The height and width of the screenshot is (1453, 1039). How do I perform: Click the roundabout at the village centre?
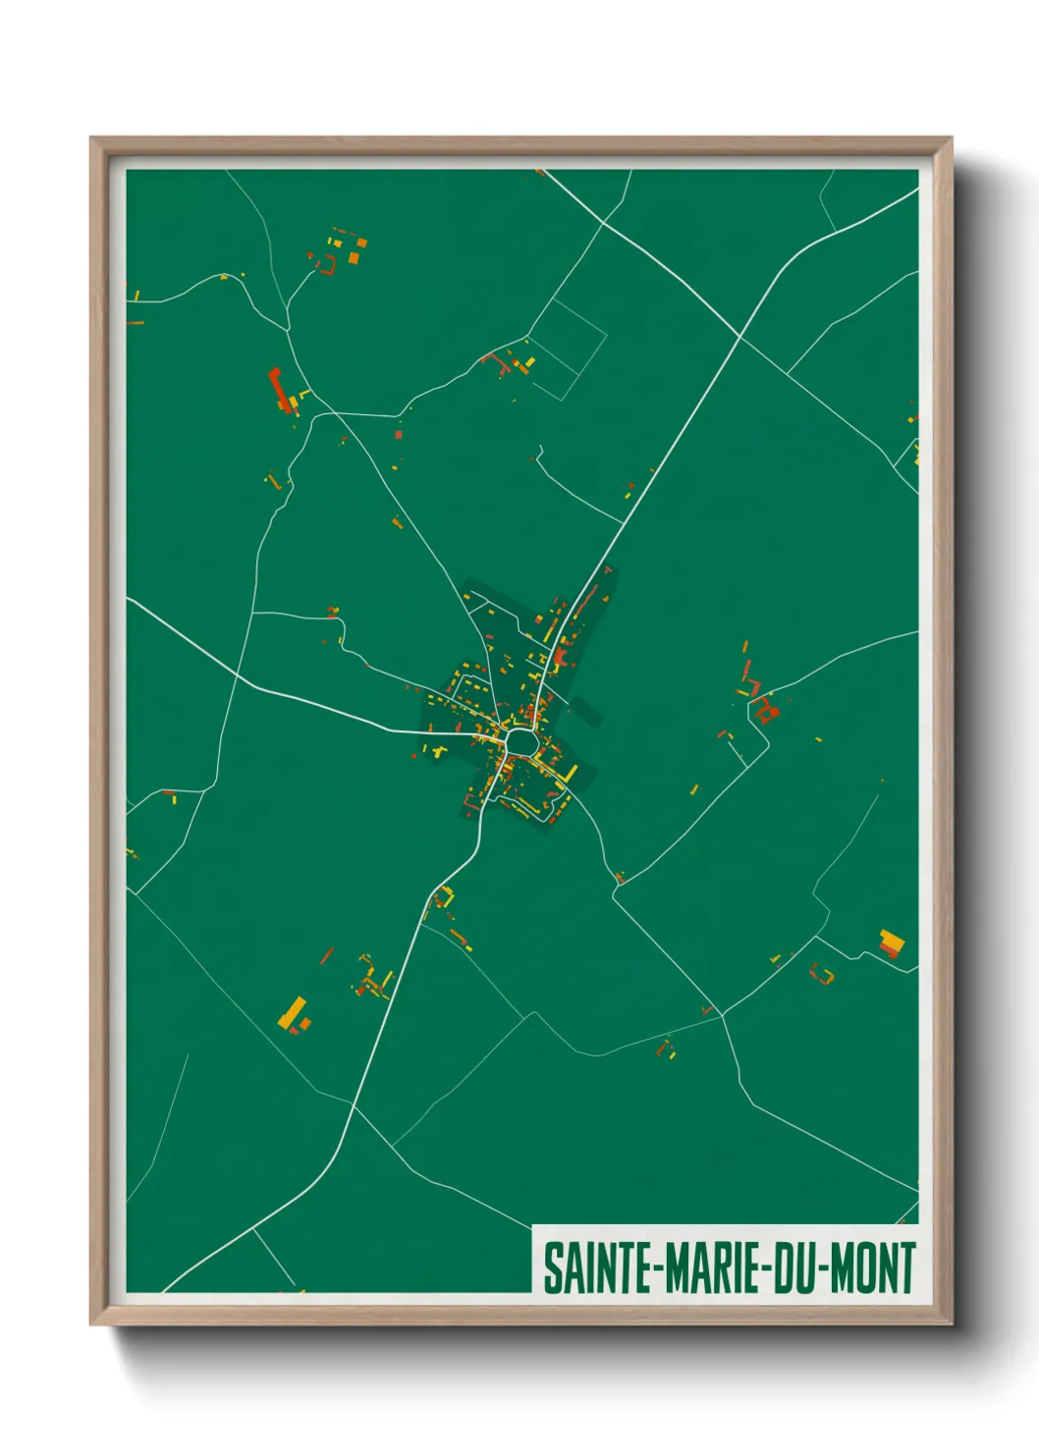click(x=520, y=742)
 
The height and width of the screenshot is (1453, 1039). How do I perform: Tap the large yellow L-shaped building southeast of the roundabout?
click(x=568, y=775)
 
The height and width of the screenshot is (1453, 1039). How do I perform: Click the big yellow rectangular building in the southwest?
click(x=293, y=1012)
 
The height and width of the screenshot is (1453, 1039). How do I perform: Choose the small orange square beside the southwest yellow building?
click(x=305, y=1024)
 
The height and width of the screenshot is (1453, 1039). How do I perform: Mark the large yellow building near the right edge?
click(x=892, y=943)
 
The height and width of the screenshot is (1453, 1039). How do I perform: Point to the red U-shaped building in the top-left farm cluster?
click(x=327, y=264)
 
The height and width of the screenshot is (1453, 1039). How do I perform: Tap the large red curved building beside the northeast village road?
click(x=562, y=659)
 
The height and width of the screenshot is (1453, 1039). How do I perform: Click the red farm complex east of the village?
click(x=766, y=708)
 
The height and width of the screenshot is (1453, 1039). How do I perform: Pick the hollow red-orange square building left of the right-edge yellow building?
click(x=822, y=974)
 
